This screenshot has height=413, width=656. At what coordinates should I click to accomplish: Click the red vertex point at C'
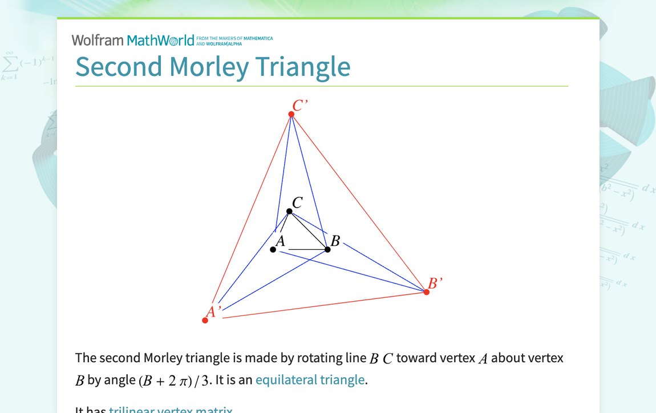click(x=291, y=114)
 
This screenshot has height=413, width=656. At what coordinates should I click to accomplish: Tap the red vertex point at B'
click(x=427, y=292)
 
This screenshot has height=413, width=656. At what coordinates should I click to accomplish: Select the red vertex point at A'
click(x=205, y=320)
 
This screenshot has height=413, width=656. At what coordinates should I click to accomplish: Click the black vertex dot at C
click(x=289, y=211)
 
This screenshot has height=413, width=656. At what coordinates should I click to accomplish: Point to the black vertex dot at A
click(x=273, y=249)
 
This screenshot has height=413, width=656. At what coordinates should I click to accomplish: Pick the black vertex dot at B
click(x=327, y=249)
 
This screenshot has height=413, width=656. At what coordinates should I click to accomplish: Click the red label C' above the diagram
click(x=299, y=106)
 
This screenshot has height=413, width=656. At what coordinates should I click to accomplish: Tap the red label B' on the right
click(x=435, y=284)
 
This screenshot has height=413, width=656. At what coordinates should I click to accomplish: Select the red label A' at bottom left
click(x=213, y=311)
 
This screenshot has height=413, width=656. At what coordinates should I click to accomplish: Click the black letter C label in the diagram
click(x=297, y=203)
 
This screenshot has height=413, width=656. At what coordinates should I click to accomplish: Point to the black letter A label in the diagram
click(x=280, y=241)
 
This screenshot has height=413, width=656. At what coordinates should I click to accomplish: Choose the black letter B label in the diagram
click(x=335, y=241)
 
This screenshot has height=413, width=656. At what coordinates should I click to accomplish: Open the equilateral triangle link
click(x=310, y=380)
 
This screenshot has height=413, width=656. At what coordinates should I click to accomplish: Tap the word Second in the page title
click(x=119, y=67)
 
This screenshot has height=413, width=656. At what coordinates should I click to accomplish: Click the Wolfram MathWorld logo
click(x=133, y=41)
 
